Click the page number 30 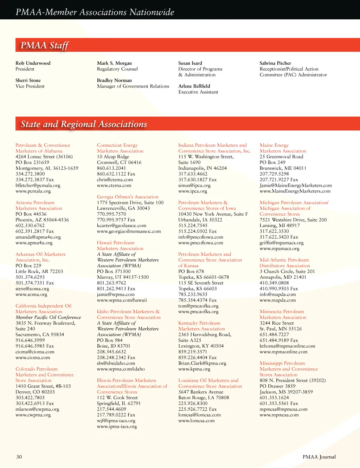[x=19, y=457]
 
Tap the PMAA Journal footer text [x=319, y=457]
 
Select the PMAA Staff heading [x=45, y=45]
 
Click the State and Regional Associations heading [x=84, y=124]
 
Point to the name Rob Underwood [x=33, y=63]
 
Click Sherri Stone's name [x=28, y=81]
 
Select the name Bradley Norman [x=114, y=81]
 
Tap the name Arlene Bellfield [x=194, y=86]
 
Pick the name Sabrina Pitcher [x=275, y=63]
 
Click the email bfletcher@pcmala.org [x=38, y=185]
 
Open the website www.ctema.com [x=114, y=185]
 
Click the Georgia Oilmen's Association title [x=128, y=197]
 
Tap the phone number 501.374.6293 [x=30, y=277]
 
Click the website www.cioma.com [x=33, y=358]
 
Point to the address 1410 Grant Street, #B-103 [x=43, y=386]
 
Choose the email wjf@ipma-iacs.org [x=116, y=421]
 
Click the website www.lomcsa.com [x=196, y=421]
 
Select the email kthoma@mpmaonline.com [x=287, y=346]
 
